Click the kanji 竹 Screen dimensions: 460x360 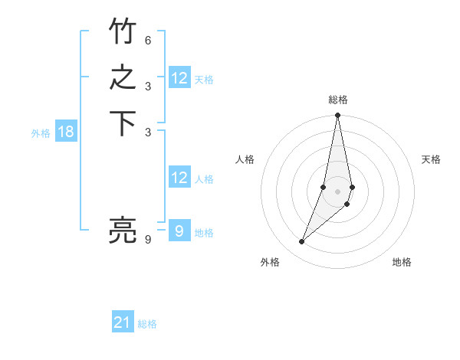pos(123,31)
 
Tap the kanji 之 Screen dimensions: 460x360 pos(123,78)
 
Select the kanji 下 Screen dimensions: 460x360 pos(123,125)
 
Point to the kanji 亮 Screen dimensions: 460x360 pos(123,231)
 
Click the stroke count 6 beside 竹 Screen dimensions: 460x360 pos(149,39)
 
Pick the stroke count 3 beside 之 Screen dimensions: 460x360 pos(149,86)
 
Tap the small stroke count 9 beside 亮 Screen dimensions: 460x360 pos(148,239)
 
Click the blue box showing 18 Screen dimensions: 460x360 pos(66,132)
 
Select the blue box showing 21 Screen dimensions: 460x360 pos(123,322)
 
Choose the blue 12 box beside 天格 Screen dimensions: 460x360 pos(179,78)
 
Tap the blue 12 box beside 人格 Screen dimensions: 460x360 pos(179,178)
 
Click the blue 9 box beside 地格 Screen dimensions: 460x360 pos(179,231)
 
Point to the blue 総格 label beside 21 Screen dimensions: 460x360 pos(147,324)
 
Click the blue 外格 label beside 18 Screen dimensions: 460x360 pos(41,133)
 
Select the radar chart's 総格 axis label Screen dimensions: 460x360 pos(338,100)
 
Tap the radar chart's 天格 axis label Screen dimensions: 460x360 pos(431,159)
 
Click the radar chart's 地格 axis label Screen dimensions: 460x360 pos(402,262)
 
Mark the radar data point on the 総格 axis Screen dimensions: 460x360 pos(338,116)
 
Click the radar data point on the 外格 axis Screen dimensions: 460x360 pos(302,242)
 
